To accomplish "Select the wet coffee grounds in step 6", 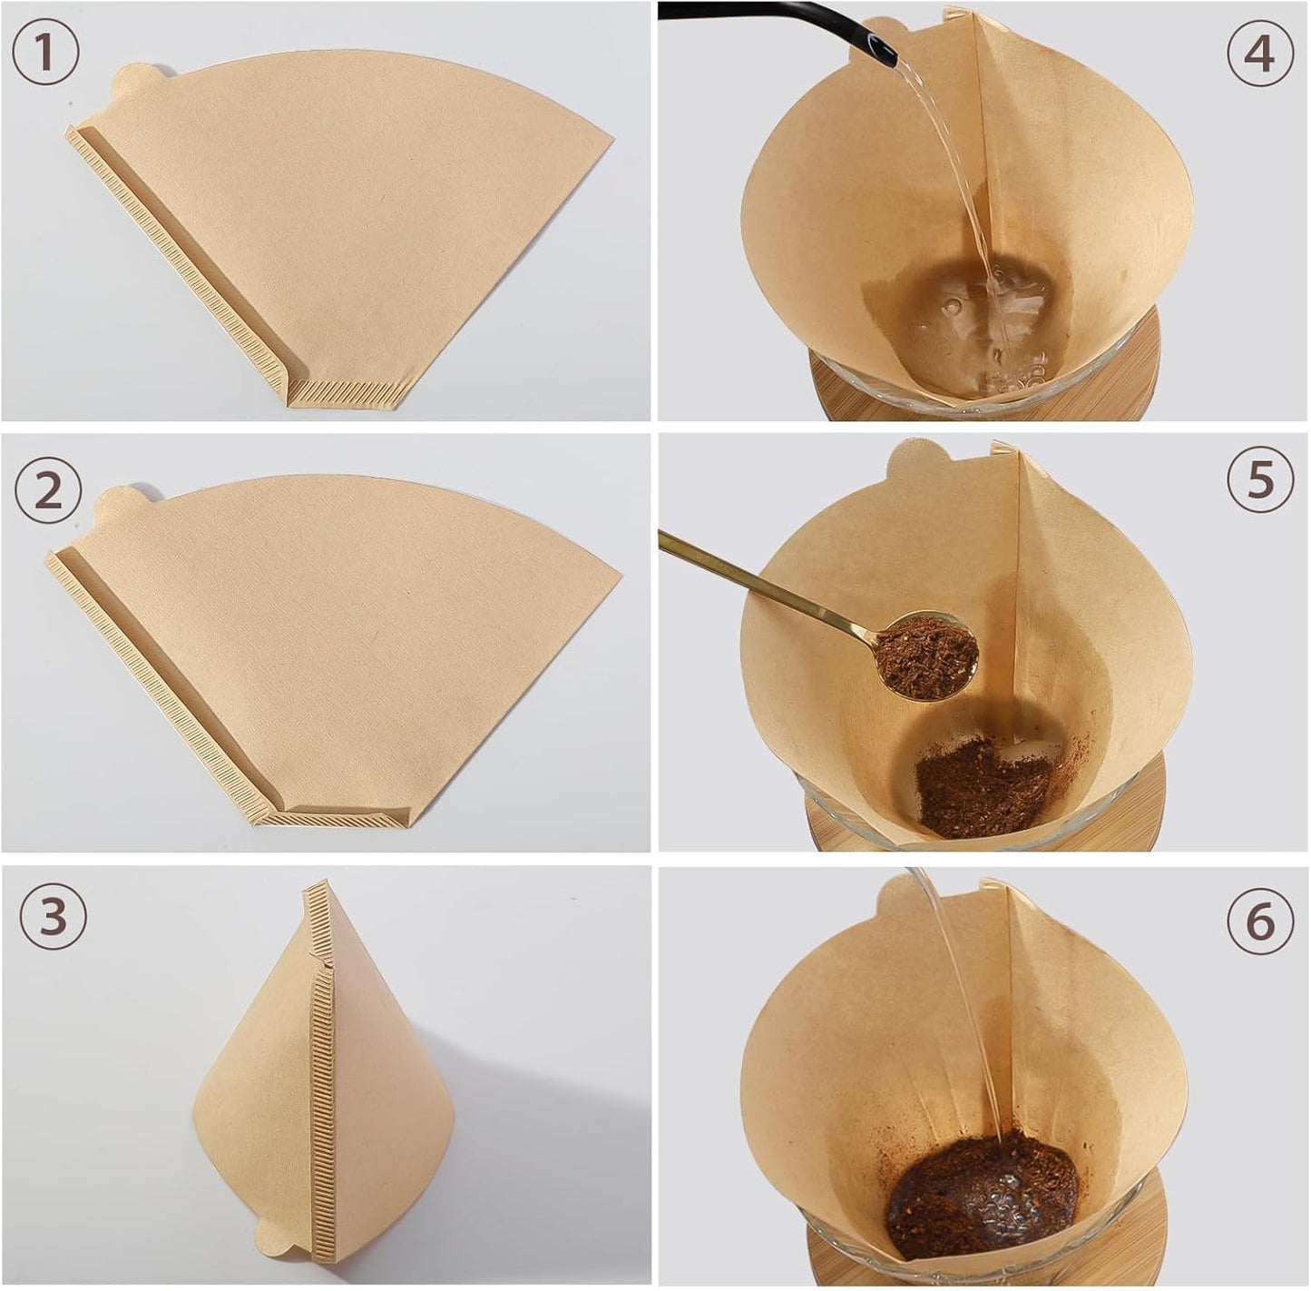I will [980, 1198].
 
